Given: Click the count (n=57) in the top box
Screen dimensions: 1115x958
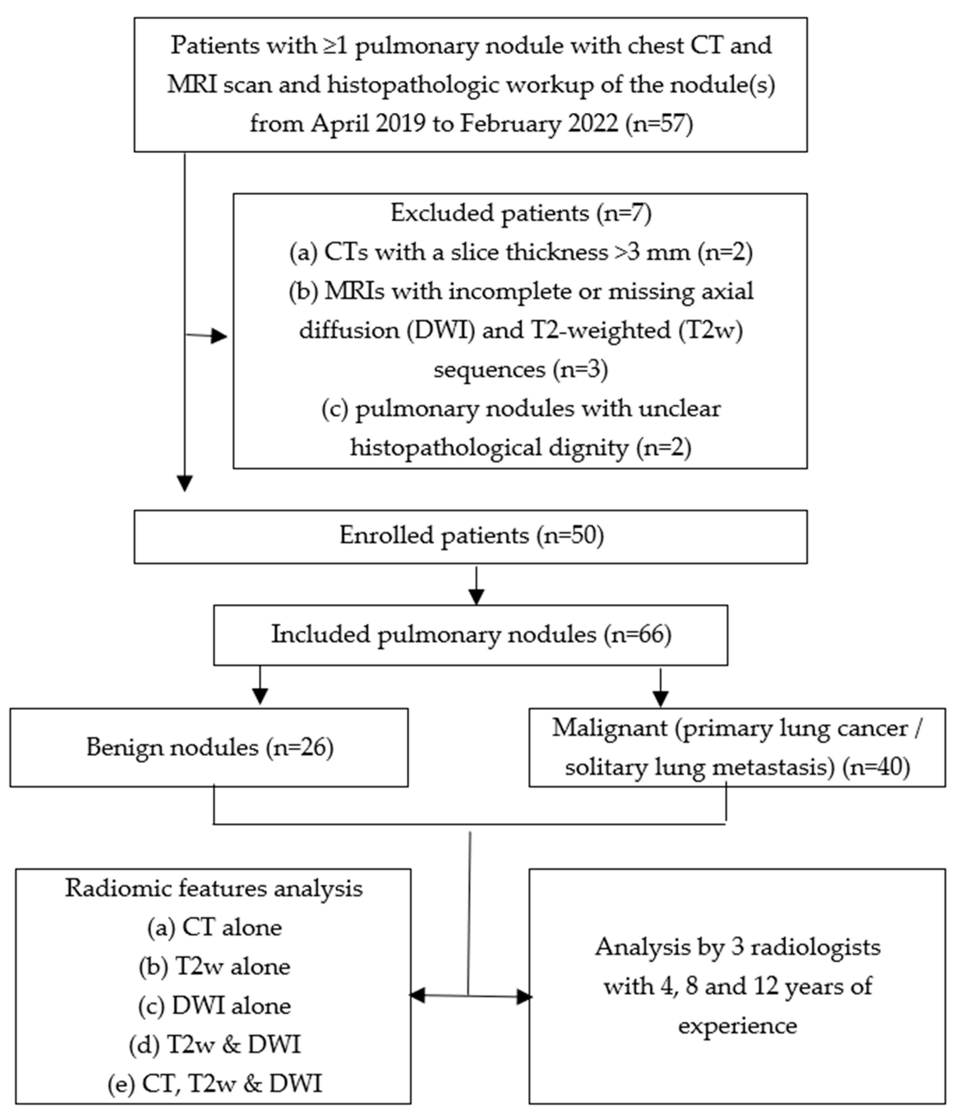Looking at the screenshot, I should click(x=659, y=124).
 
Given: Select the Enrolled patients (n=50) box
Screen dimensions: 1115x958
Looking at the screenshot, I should click(x=471, y=537).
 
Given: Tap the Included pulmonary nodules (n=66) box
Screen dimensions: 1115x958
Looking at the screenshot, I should click(x=471, y=635).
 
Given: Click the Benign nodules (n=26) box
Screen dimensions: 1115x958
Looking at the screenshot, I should click(x=209, y=748).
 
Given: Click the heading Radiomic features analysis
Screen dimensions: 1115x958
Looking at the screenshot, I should click(x=214, y=889).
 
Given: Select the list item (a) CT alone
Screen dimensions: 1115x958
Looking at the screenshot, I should click(x=214, y=928).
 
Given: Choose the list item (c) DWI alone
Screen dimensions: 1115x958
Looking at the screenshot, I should click(x=214, y=1006).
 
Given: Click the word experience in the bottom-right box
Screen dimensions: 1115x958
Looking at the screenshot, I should click(x=737, y=1025).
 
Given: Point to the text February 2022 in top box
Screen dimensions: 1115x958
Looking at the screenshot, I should click(x=538, y=124).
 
